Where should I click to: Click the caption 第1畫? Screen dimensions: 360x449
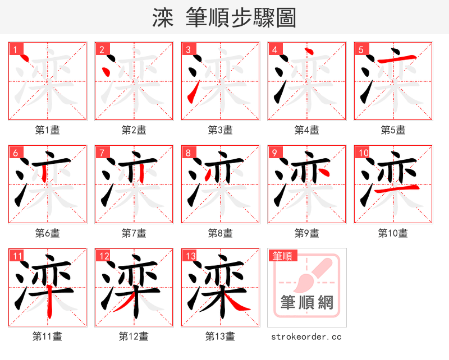(48, 130)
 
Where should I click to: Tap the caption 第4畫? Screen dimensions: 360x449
(306, 130)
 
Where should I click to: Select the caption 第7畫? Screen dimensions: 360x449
(134, 233)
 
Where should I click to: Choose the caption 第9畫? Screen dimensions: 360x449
(306, 233)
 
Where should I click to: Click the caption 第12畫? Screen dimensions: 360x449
(134, 336)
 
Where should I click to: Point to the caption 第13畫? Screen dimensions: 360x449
(220, 336)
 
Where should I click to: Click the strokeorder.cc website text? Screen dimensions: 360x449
(306, 336)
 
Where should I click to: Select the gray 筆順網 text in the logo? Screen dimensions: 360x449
(306, 303)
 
